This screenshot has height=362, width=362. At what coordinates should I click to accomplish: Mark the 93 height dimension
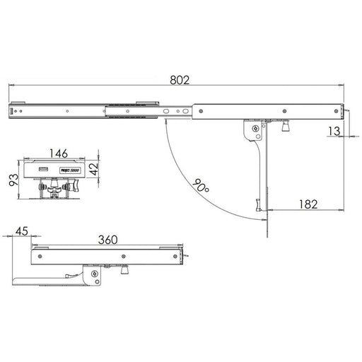pos(13,180)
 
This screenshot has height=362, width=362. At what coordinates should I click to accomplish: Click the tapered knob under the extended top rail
pos(285,128)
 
